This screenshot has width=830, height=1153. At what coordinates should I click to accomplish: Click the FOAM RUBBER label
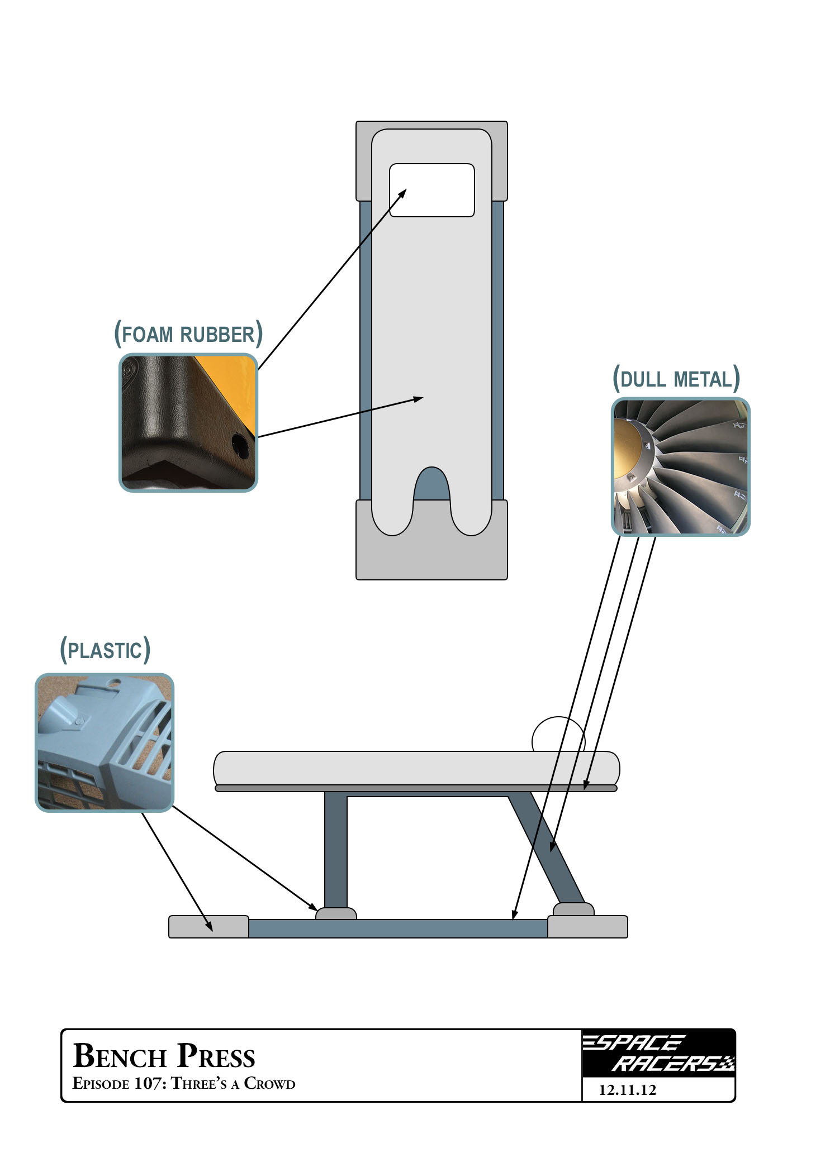pyautogui.click(x=188, y=334)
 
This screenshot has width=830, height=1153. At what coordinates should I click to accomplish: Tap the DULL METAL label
pyautogui.click(x=676, y=379)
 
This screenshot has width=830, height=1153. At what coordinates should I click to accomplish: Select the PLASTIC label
pyautogui.click(x=105, y=650)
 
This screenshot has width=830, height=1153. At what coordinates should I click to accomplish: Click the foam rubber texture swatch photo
pyautogui.click(x=188, y=422)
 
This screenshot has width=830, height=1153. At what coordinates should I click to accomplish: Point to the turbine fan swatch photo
pyautogui.click(x=680, y=467)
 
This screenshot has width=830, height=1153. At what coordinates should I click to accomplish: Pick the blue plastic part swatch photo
pyautogui.click(x=105, y=742)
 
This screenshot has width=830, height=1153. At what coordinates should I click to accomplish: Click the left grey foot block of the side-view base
pyautogui.click(x=208, y=926)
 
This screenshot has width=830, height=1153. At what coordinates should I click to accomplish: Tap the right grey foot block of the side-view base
pyautogui.click(x=587, y=927)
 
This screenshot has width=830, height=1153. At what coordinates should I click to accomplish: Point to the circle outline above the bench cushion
pyautogui.click(x=558, y=735)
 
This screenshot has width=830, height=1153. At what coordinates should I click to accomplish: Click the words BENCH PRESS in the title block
pyautogui.click(x=164, y=1056)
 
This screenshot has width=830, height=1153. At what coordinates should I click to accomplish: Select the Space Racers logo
pyautogui.click(x=658, y=1054)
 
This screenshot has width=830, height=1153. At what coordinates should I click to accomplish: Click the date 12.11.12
pyautogui.click(x=627, y=1090)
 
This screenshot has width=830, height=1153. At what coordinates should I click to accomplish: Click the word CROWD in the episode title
pyautogui.click(x=269, y=1084)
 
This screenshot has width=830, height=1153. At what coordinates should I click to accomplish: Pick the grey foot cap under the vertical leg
pyautogui.click(x=336, y=913)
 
